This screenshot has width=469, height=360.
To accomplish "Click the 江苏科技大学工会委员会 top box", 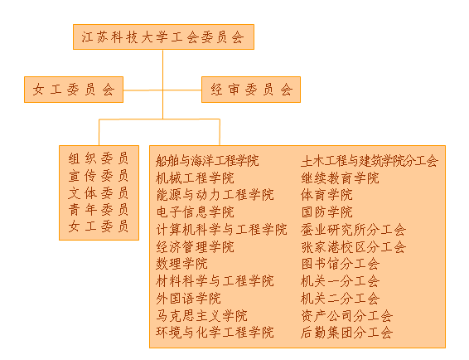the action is [163, 36].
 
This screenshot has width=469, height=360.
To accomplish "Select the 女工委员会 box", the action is [74, 90].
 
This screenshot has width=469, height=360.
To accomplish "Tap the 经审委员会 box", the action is [251, 90].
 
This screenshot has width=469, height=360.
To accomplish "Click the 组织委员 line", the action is [99, 158].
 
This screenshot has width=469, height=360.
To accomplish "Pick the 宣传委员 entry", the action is [99, 176].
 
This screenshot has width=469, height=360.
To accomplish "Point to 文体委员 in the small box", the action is [99, 193].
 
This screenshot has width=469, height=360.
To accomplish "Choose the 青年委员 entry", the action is [99, 210].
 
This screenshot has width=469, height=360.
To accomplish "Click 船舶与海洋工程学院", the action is [207, 161].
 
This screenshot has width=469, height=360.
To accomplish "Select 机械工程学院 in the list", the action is [195, 178].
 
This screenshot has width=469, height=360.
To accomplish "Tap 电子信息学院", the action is [195, 212].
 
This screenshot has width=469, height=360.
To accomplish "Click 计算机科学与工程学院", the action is [221, 230].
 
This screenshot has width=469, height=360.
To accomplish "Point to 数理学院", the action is [181, 264].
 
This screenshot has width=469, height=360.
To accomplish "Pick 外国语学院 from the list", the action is [188, 299].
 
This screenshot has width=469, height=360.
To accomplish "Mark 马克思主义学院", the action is [201, 315].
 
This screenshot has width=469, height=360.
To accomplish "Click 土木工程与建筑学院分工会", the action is [370, 161].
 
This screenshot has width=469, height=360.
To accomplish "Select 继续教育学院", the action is [340, 178].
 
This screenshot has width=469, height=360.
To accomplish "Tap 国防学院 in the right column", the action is [327, 212].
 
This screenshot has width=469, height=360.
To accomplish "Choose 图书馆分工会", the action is [341, 264].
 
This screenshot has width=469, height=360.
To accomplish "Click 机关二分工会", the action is [341, 299].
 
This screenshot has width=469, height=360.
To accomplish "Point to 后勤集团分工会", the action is [346, 333].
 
